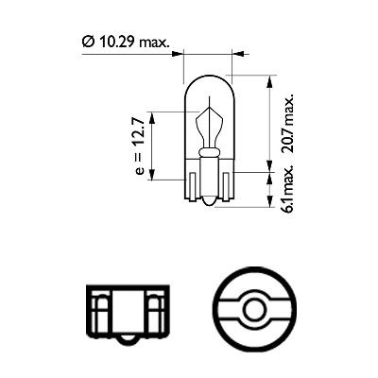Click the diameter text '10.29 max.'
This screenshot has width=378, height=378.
[x=127, y=43]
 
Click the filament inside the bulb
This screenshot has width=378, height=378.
[x=208, y=128]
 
